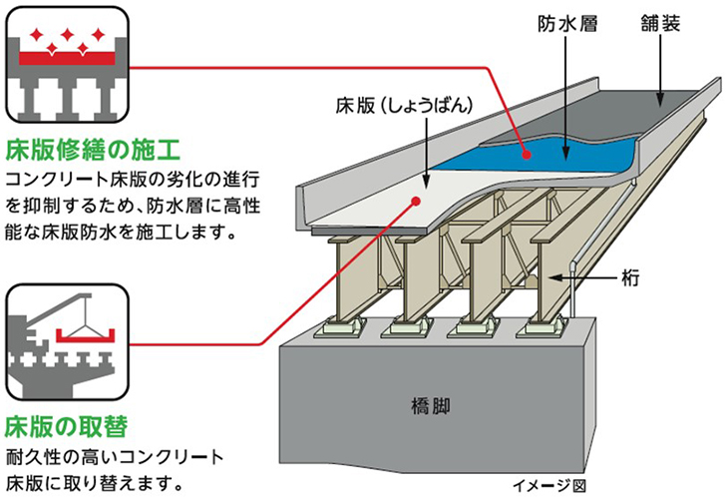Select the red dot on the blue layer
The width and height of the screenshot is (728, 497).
pyautogui.click(x=527, y=153)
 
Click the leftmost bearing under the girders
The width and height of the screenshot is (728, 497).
pyautogui.click(x=343, y=325)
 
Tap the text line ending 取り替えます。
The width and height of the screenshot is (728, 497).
pyautogui.click(x=98, y=482)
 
